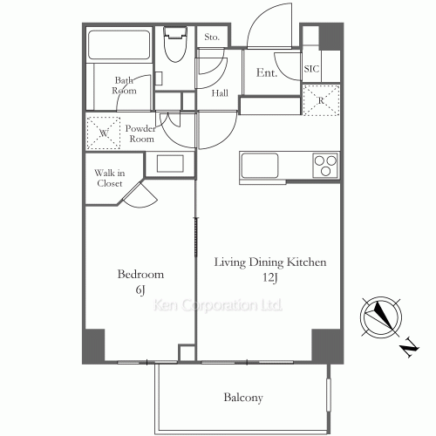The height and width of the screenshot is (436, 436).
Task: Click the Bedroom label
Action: (x=140, y=275)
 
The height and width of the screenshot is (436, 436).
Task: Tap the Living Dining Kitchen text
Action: (x=270, y=262)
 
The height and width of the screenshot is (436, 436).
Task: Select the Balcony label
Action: (x=243, y=398)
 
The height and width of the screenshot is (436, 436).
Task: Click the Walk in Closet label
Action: (x=110, y=178)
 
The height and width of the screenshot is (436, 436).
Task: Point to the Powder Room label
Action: (x=140, y=133)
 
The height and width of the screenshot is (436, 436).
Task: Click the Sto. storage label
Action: (x=212, y=37)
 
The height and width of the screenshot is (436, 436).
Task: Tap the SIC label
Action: (x=311, y=69)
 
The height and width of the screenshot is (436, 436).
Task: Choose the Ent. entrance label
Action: (x=267, y=72)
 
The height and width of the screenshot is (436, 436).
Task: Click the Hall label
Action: (x=220, y=93)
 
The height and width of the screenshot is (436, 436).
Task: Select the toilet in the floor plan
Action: (x=175, y=44)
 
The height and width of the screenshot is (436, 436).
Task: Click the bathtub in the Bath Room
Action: (x=119, y=44)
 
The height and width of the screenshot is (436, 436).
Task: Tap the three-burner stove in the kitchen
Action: (x=326, y=165)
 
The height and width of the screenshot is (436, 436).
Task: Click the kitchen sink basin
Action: (x=260, y=165)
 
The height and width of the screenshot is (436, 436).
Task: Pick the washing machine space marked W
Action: (x=104, y=133)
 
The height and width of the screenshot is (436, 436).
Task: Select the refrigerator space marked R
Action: (x=321, y=100)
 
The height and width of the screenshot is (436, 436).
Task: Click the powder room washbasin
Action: (x=170, y=163)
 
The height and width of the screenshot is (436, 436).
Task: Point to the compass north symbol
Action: (x=381, y=317)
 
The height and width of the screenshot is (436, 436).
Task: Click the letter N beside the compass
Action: (x=410, y=347)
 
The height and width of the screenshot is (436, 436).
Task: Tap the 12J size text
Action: (x=270, y=277)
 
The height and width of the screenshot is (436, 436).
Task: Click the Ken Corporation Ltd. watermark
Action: (x=218, y=305)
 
